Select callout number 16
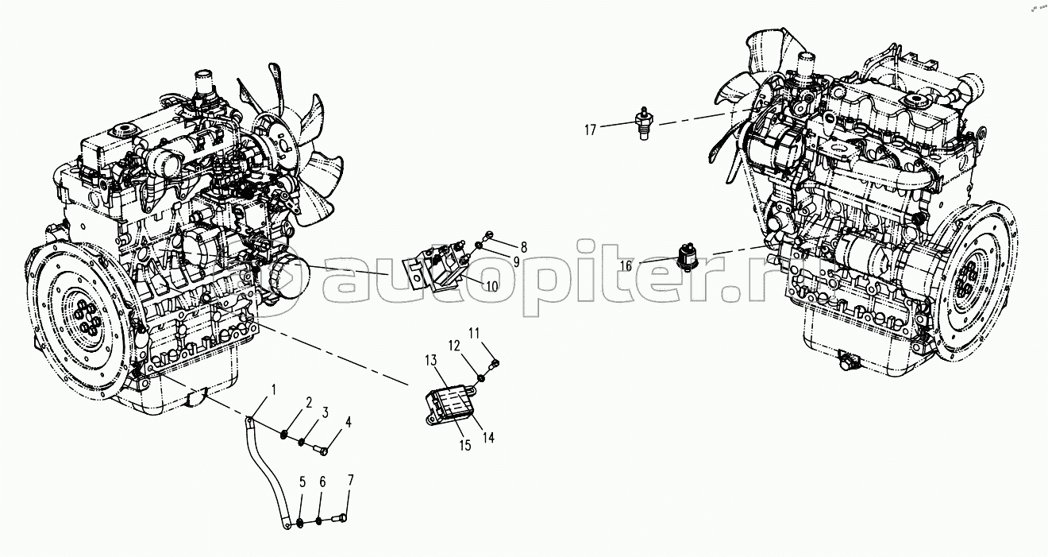point(626,266)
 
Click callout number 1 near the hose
point(274,389)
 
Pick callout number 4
point(347,422)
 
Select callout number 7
point(350,480)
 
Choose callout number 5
point(302,482)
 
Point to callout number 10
point(492,286)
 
